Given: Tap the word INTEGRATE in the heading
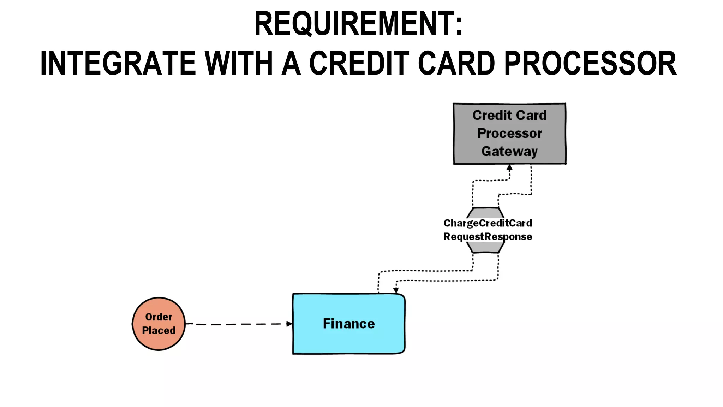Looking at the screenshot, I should [x=118, y=63].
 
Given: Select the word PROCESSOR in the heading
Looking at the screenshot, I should [x=590, y=63].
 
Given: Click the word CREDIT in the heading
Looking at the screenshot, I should [x=359, y=63].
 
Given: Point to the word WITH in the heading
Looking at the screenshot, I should [x=239, y=63].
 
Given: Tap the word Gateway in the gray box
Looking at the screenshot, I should [x=509, y=151].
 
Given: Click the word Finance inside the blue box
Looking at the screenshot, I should [x=349, y=324].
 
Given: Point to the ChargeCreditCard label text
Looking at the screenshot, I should [x=488, y=223].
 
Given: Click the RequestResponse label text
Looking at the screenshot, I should [x=488, y=236].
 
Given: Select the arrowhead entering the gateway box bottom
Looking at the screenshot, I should [x=509, y=167].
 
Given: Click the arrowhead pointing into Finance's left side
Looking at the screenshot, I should [x=289, y=324].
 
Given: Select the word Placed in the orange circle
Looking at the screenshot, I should [x=159, y=330].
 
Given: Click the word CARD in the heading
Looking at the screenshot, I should [x=456, y=63].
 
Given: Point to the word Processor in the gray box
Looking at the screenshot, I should [x=509, y=133].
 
